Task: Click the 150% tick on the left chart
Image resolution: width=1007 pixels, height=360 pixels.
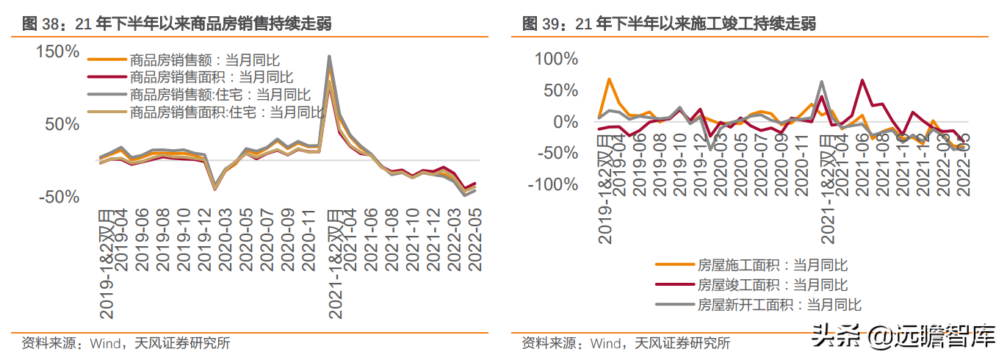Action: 57,51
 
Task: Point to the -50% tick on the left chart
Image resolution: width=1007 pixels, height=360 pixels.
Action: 59,197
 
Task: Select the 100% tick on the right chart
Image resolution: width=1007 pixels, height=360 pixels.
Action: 556,59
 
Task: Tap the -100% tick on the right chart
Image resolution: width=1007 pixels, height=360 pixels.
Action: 553,184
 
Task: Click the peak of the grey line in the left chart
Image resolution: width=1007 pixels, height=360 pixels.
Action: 330,57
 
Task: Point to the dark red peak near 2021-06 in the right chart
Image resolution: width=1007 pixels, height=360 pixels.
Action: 862,81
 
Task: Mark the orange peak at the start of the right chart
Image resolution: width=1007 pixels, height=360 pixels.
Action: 609,79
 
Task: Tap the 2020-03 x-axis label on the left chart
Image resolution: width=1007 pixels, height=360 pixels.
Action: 225,240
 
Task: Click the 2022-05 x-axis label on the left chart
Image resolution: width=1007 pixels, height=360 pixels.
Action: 474,240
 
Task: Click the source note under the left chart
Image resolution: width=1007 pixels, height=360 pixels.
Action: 126,343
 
